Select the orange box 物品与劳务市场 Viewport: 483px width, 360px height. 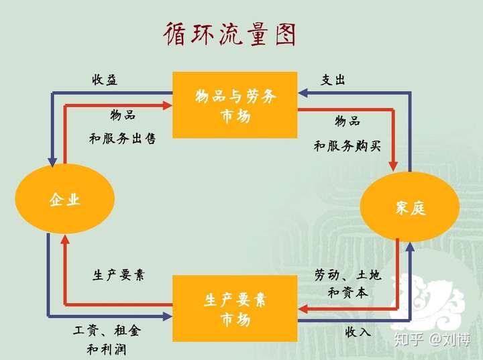235,105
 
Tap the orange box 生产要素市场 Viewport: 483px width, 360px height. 235,308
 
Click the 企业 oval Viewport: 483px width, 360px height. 65,199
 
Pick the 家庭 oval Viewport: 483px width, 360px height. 410,208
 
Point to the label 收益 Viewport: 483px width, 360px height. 105,80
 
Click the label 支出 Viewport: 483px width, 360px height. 333,80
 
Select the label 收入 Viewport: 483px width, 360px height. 358,331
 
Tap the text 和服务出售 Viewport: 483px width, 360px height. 123,139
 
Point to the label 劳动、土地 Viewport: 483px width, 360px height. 348,275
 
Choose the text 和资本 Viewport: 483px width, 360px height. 347,292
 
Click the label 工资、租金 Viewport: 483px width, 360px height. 107,331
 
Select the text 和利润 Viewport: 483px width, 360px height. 107,349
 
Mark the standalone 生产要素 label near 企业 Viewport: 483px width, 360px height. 118,275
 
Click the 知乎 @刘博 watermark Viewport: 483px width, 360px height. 434,339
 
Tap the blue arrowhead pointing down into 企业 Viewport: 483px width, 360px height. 51,161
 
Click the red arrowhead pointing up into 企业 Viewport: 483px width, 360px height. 64,237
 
